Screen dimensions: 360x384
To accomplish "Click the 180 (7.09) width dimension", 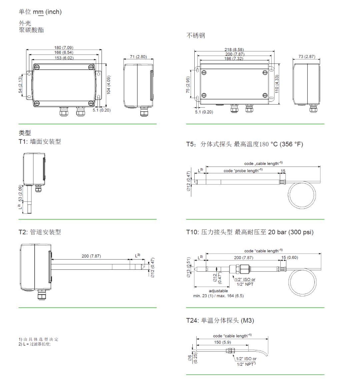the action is click(64, 48).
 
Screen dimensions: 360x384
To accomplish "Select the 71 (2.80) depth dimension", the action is click(138, 57).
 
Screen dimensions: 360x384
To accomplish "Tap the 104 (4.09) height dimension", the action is click(109, 85).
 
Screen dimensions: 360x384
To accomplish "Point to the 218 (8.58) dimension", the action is click(234, 50).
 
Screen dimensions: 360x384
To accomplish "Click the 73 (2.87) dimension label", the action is click(307, 57).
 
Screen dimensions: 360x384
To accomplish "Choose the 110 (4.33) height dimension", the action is click(277, 84).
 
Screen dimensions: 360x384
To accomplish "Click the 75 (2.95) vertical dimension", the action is click(188, 85).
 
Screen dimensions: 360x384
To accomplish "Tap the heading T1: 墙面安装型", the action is click(40, 142).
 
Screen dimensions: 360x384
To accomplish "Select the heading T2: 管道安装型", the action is click(40, 232).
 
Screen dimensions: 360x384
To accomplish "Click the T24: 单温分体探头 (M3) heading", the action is click(220, 320).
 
